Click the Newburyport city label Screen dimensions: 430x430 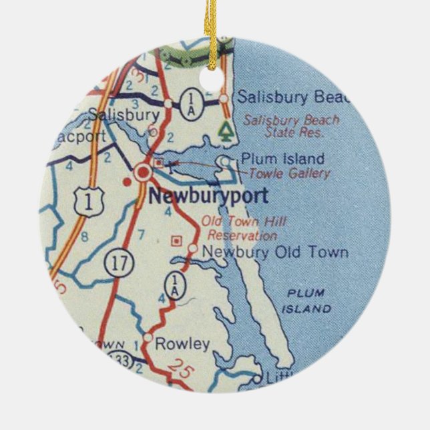[x=208, y=196]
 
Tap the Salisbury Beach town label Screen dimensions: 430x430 [x=293, y=97]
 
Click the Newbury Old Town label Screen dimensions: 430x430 [x=274, y=252]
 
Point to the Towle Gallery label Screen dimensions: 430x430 [x=289, y=174]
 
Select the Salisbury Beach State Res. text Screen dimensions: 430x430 [x=290, y=126]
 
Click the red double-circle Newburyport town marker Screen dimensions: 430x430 [x=143, y=173]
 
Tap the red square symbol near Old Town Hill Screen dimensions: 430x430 [x=176, y=240]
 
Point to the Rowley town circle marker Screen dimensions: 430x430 [x=148, y=338]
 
